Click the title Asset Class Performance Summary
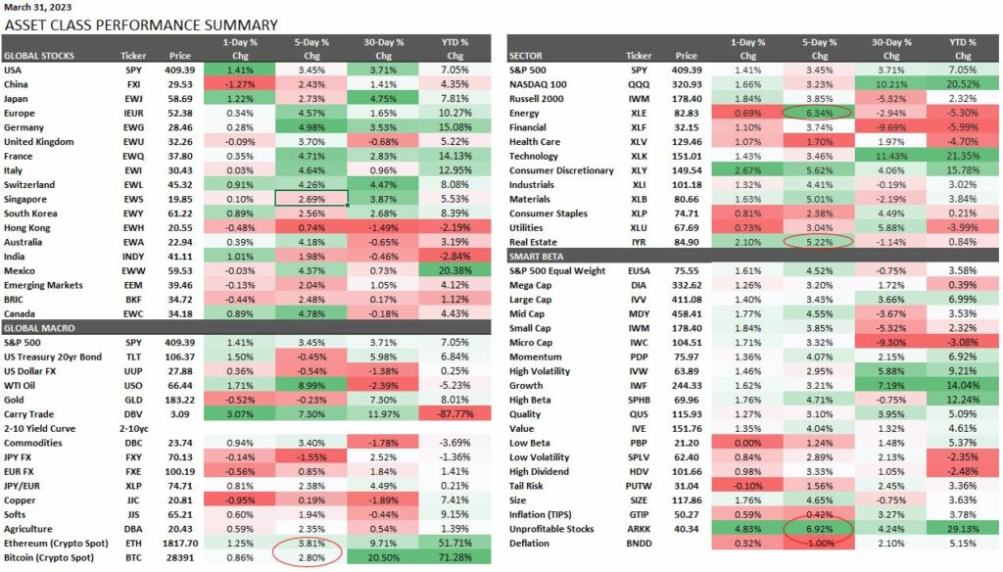pyautogui.click(x=141, y=25)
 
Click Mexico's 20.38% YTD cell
pyautogui.click(x=453, y=270)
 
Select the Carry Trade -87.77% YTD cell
pyautogui.click(x=453, y=413)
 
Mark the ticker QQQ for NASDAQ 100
pyautogui.click(x=639, y=84)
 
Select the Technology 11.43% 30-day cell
pyautogui.click(x=891, y=156)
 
